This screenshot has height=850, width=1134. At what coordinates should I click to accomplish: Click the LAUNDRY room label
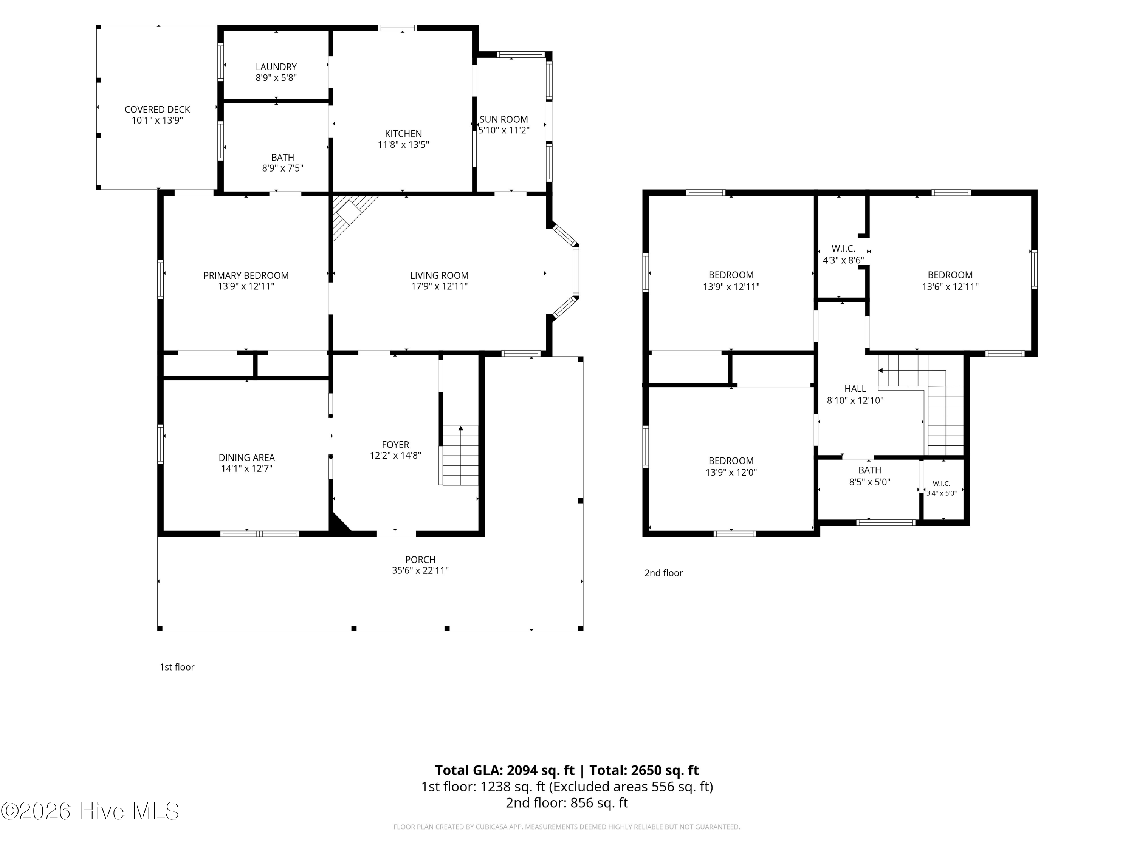[276, 67]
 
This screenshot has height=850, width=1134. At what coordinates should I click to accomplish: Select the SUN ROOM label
[504, 119]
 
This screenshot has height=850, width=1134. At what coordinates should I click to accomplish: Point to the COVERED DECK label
[157, 110]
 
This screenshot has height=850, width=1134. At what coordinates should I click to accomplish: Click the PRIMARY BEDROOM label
[246, 276]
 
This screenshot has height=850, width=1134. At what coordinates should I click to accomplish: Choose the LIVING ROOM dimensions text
[439, 287]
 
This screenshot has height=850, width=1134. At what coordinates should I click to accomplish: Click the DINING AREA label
[246, 457]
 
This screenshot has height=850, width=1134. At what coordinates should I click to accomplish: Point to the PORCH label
[420, 560]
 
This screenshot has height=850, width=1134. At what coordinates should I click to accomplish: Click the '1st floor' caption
[177, 667]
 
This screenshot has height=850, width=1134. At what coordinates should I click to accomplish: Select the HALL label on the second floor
[855, 389]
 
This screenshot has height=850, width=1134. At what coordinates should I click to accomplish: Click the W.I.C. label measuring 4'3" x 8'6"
[843, 249]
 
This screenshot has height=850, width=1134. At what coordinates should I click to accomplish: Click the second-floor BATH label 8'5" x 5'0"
[870, 470]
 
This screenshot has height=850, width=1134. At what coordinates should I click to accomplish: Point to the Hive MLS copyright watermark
[90, 811]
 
